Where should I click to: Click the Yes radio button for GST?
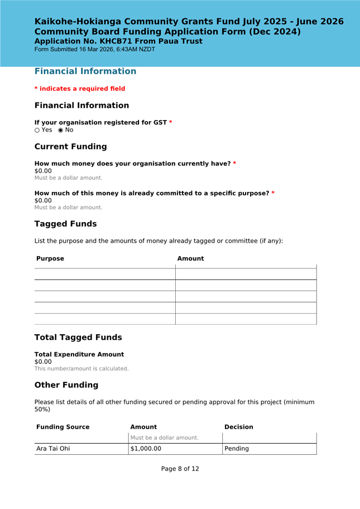(37, 131)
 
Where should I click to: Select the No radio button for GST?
(61, 131)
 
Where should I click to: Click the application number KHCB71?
(116, 41)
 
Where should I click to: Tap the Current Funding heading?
(70, 147)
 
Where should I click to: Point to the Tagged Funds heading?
(65, 224)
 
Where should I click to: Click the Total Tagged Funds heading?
(78, 338)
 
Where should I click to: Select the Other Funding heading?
(66, 385)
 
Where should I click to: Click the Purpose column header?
(50, 259)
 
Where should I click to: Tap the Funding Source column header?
(63, 427)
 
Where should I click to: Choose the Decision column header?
(238, 427)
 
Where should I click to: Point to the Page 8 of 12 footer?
(180, 469)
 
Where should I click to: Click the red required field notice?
(80, 89)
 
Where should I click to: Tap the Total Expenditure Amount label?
(79, 354)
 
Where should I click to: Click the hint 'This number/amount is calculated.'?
(81, 369)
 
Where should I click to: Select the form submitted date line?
(94, 50)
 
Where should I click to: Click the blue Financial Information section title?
(85, 71)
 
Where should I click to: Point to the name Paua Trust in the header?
(181, 41)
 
